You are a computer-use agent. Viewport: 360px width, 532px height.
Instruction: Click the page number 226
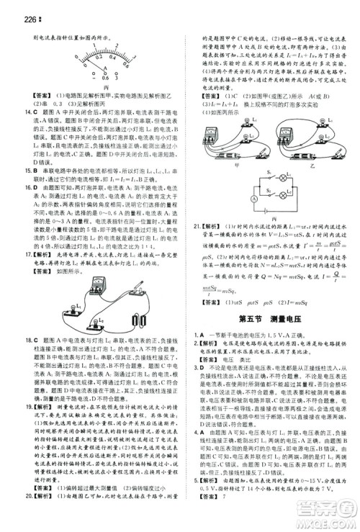pyautogui.click(x=14, y=9)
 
